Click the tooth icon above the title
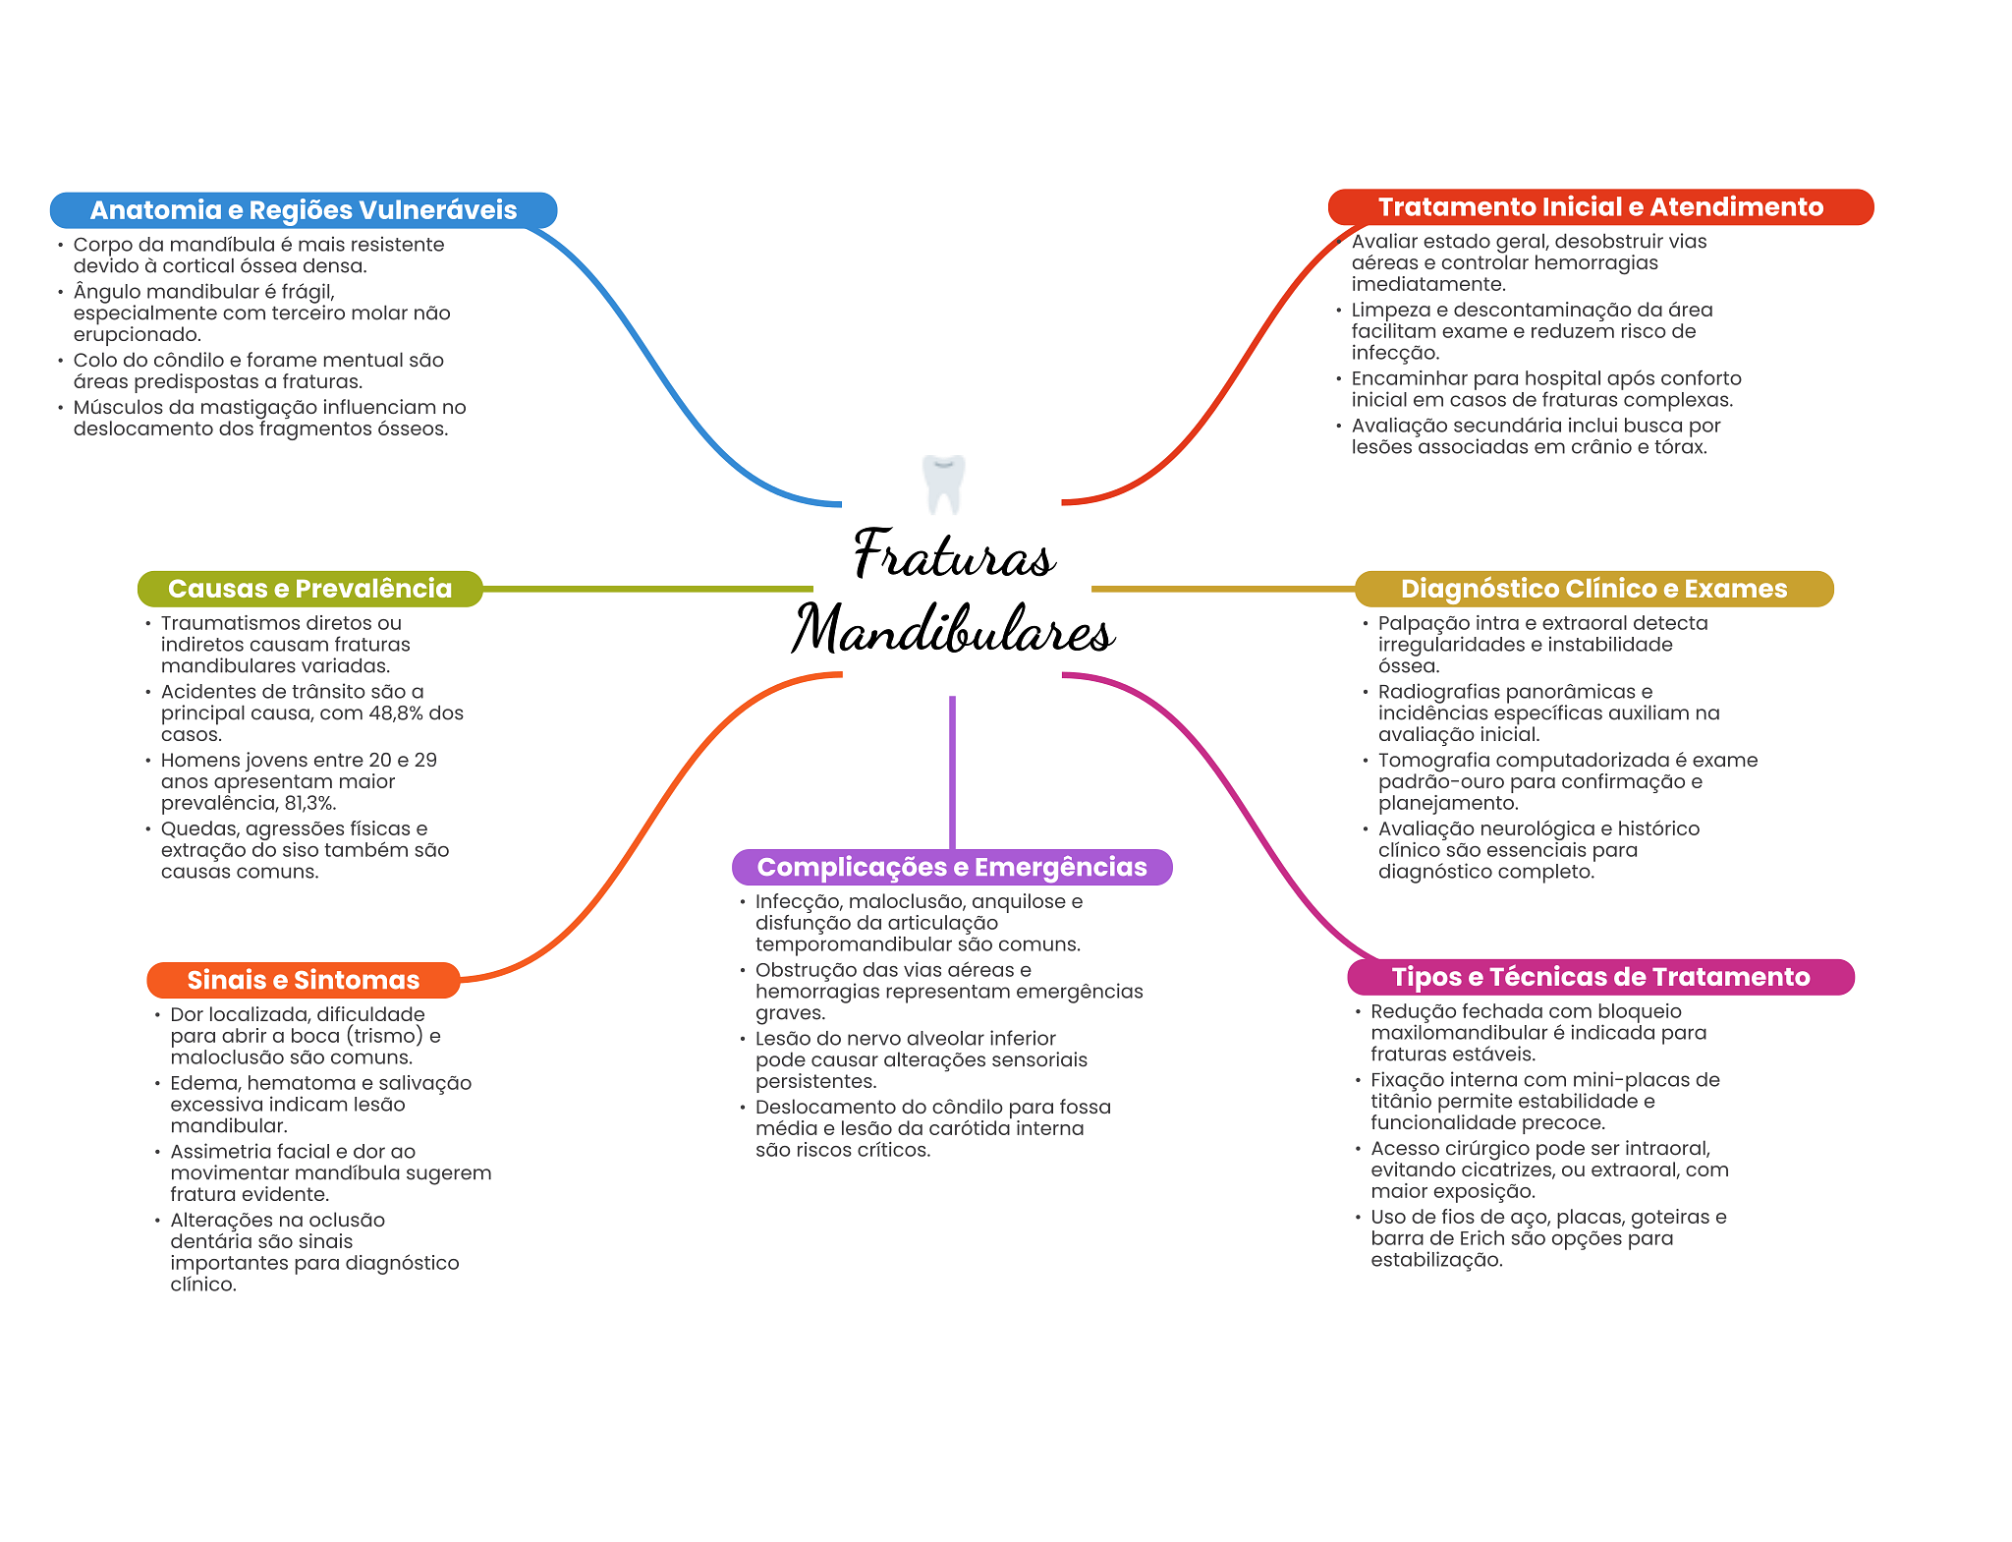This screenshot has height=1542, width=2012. [944, 484]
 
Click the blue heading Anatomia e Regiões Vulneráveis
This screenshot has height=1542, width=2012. [304, 210]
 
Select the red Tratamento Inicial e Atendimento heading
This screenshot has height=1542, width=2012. [1600, 207]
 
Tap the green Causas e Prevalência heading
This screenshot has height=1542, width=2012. [310, 589]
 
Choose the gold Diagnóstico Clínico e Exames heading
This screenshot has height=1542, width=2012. [1593, 589]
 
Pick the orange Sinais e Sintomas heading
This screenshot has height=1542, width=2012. [304, 980]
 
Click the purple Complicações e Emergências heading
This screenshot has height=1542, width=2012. [952, 867]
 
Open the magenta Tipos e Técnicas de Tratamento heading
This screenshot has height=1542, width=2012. [1600, 977]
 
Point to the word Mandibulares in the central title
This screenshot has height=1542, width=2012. [953, 629]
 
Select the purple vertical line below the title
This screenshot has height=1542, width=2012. [952, 772]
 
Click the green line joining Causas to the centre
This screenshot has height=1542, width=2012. [648, 589]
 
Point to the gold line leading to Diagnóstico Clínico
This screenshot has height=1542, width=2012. [1223, 589]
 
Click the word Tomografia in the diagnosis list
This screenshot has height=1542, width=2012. [1425, 761]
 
